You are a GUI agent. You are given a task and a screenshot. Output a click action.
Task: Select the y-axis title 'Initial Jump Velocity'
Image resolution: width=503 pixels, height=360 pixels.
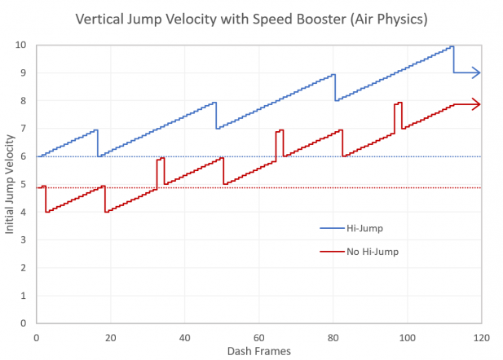point(10,183)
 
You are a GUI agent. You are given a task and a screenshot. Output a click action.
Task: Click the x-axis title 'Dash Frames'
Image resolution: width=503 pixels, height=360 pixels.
point(258,350)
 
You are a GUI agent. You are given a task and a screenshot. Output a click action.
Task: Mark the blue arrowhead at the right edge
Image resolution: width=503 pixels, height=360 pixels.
point(477,72)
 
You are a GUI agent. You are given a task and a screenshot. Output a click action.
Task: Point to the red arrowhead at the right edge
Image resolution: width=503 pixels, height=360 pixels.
point(477,104)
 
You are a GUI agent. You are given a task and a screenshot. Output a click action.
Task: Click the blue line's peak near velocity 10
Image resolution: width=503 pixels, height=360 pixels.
point(452,46)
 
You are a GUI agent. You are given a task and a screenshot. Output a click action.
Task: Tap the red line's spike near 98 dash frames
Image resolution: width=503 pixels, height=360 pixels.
point(399,103)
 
